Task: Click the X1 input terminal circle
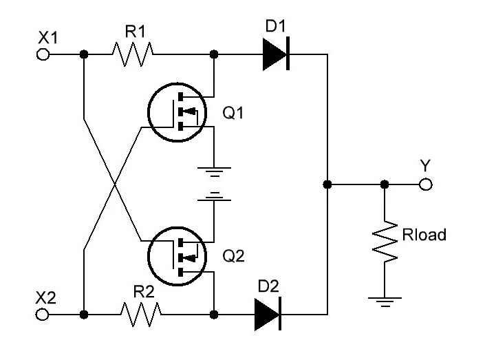[x=43, y=54]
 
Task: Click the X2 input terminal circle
[x=42, y=315]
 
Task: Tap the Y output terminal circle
[x=425, y=184]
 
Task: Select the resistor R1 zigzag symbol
[x=133, y=54]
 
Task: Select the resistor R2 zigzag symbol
[x=141, y=315]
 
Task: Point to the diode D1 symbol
[x=276, y=54]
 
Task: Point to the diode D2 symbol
[x=268, y=314]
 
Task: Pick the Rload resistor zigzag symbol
[x=385, y=242]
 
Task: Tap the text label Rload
[x=424, y=235]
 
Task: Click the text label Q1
[x=233, y=112]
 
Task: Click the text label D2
[x=268, y=286]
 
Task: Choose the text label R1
[x=136, y=32]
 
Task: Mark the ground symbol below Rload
[x=385, y=302]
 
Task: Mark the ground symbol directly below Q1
[x=214, y=172]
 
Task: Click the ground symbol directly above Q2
[x=214, y=196]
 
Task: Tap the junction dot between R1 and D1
[x=214, y=54]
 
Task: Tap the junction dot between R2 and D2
[x=214, y=315]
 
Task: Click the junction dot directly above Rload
[x=385, y=184]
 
